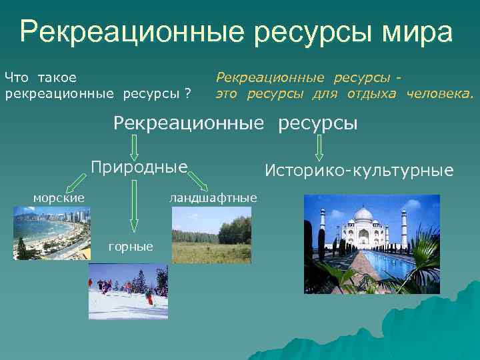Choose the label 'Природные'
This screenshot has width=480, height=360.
click(x=139, y=165)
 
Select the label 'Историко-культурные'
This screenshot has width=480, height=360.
click(x=359, y=171)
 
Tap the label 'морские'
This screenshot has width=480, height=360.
click(x=59, y=197)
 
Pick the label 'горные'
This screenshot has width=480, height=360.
click(x=131, y=247)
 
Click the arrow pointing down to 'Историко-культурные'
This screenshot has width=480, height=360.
click(x=319, y=147)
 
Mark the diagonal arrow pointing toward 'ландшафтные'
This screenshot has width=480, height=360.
click(x=198, y=180)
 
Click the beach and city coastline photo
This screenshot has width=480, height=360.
click(x=52, y=233)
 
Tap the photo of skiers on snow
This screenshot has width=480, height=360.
click(x=128, y=291)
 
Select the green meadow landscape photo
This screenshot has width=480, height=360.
click(x=211, y=234)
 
